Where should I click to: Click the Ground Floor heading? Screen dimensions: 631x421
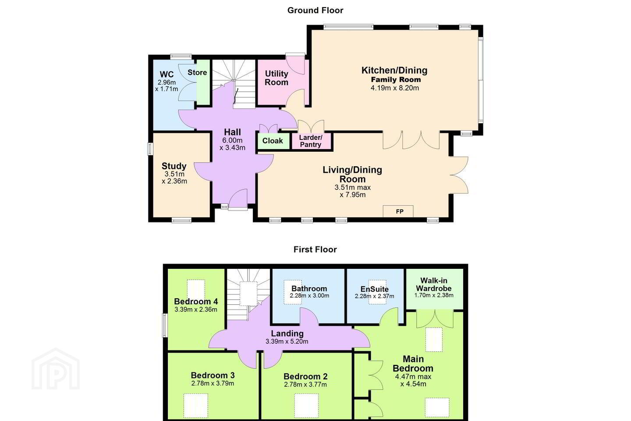click(x=315, y=11)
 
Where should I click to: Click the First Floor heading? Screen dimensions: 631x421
click(x=315, y=250)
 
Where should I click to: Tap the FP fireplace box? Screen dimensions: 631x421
click(x=398, y=211)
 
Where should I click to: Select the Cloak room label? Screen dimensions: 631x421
click(x=273, y=141)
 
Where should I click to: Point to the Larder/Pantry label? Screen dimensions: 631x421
click(x=310, y=141)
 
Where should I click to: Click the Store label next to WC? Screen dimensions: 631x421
click(x=197, y=72)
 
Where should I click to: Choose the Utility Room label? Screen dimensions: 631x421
click(x=277, y=78)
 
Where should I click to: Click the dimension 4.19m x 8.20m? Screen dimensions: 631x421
click(x=395, y=88)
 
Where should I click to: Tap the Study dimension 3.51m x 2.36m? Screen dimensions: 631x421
click(x=174, y=178)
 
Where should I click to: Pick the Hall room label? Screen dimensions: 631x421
click(x=232, y=132)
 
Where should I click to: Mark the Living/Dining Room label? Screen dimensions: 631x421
click(x=352, y=174)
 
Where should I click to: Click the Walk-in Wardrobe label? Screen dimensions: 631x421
click(x=434, y=284)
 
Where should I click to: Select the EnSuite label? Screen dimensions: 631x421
click(x=374, y=289)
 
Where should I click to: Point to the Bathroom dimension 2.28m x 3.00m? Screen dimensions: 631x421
click(x=309, y=296)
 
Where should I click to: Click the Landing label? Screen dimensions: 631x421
click(x=287, y=334)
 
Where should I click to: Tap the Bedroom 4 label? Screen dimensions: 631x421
click(x=196, y=301)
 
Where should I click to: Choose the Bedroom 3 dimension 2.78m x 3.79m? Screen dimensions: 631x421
click(x=213, y=383)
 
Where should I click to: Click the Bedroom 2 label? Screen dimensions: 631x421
click(x=305, y=376)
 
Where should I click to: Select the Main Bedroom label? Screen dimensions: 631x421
click(x=413, y=364)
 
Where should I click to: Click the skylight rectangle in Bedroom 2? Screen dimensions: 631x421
click(x=306, y=406)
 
